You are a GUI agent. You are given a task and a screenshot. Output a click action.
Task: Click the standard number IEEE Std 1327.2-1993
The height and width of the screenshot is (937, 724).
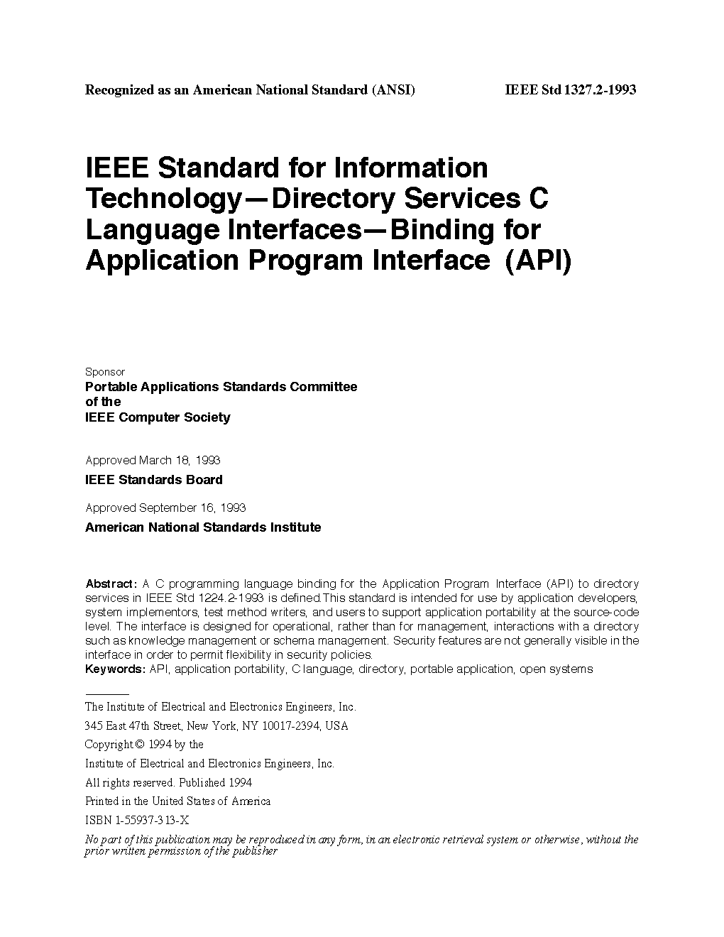[x=570, y=90]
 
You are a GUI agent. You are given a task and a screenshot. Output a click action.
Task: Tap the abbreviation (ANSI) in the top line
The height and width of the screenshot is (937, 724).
[x=393, y=90]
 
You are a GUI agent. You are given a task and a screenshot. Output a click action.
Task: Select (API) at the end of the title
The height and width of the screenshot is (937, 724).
[x=537, y=261]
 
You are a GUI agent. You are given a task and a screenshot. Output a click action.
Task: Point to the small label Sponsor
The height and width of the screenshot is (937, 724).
[x=105, y=372]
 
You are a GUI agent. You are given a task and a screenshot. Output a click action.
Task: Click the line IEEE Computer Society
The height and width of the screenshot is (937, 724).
[x=158, y=417]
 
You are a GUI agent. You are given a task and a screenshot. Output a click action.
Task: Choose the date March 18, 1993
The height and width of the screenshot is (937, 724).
[x=180, y=460]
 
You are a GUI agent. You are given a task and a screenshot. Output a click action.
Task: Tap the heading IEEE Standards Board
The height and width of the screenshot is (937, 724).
[x=154, y=480]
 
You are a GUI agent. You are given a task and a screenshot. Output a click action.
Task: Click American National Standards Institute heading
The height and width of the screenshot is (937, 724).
[x=203, y=527]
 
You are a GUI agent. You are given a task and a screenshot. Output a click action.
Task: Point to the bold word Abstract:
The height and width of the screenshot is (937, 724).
[x=111, y=584]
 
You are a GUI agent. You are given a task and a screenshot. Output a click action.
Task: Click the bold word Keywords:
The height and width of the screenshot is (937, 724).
[x=115, y=669]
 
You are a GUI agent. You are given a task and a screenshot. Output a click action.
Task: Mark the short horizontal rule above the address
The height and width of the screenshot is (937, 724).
[x=106, y=694]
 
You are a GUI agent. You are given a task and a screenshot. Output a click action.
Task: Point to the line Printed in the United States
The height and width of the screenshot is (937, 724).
[x=177, y=801]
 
